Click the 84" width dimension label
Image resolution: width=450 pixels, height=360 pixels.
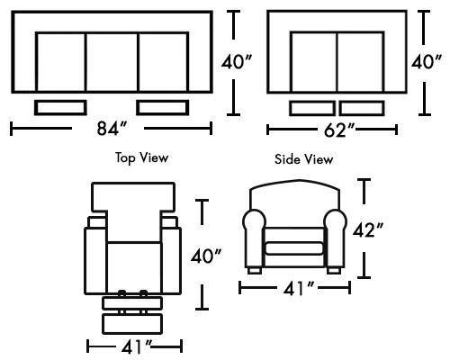pos(112,129)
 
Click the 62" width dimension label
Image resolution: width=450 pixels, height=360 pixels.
pos(339,130)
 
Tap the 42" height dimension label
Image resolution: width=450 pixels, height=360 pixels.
pos(368,230)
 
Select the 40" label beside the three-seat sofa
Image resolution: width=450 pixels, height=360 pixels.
pos(237,62)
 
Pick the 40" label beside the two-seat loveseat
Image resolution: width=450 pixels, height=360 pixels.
pos(427,62)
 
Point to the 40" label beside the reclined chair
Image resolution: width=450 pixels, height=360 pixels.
pos(206,256)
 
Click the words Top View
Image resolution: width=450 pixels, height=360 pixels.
pos(141,157)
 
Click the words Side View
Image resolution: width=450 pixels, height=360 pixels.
pos(304,159)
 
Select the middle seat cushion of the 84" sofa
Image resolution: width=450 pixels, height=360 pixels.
pos(112,62)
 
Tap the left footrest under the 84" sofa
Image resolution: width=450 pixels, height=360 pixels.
pos(60,108)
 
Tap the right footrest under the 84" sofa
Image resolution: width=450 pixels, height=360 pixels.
pos(163,108)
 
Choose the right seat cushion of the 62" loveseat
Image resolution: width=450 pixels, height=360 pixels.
pos(361,62)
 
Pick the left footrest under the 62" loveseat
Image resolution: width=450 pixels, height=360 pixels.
pos(312,108)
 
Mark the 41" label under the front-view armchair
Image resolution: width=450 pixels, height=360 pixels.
pos(299,289)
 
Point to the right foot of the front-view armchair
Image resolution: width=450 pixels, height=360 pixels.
pos(334,271)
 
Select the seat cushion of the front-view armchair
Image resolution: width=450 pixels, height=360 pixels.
pos(294,248)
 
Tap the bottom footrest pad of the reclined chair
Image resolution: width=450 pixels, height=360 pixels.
pos(132,324)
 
